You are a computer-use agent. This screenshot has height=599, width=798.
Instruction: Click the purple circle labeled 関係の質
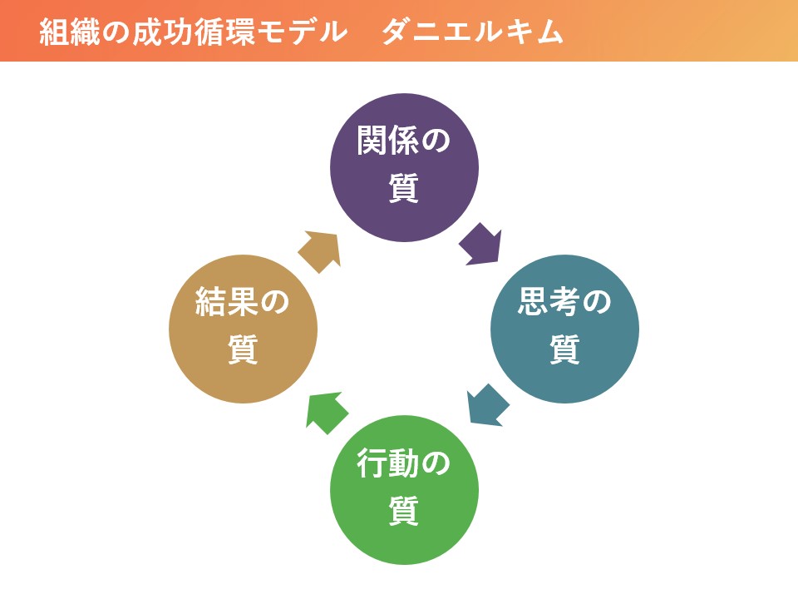[404, 167]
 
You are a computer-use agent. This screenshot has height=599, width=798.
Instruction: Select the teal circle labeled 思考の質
[565, 329]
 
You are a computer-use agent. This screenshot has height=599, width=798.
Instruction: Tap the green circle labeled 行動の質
[404, 490]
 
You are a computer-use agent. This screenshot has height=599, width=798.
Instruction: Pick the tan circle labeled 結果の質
[244, 329]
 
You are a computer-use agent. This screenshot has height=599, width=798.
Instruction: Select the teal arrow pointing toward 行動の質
[488, 406]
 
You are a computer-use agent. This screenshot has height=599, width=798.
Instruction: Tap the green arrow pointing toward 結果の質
[327, 412]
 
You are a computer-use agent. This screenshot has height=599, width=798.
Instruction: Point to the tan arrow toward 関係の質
[319, 251]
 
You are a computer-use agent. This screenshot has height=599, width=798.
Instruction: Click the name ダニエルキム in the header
[473, 32]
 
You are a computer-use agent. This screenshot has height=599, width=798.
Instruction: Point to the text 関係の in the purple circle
[404, 140]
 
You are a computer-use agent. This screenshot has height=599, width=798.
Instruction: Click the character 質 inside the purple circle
[404, 188]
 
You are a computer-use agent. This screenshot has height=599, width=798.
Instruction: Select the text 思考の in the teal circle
[564, 301]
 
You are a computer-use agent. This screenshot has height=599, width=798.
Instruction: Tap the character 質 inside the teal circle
[565, 349]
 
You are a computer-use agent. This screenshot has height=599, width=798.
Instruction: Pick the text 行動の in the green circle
[404, 463]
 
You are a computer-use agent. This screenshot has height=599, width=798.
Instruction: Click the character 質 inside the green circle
[404, 510]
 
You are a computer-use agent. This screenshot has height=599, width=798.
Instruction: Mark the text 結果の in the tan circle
[243, 301]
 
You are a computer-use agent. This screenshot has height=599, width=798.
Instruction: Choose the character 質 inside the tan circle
[243, 349]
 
